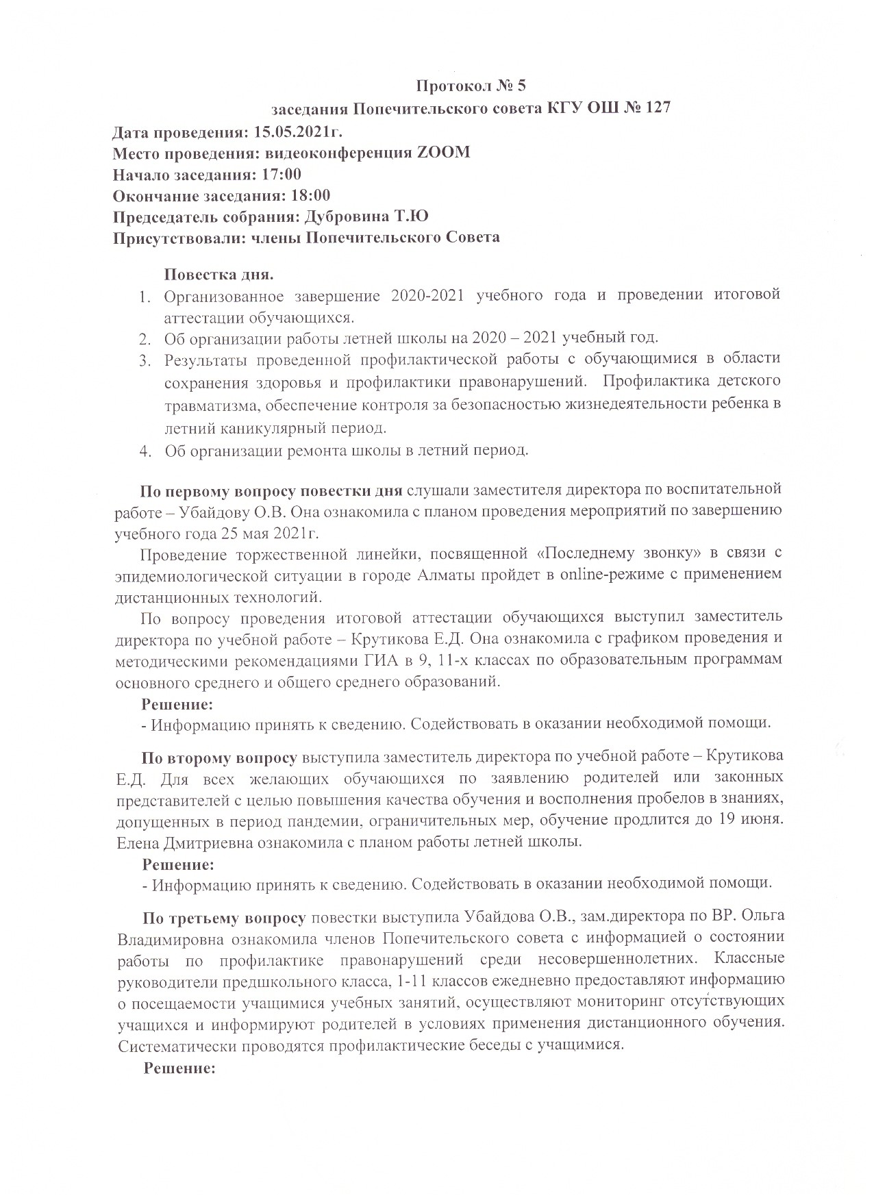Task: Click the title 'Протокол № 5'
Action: tap(471, 86)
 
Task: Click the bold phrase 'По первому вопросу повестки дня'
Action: tap(272, 490)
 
